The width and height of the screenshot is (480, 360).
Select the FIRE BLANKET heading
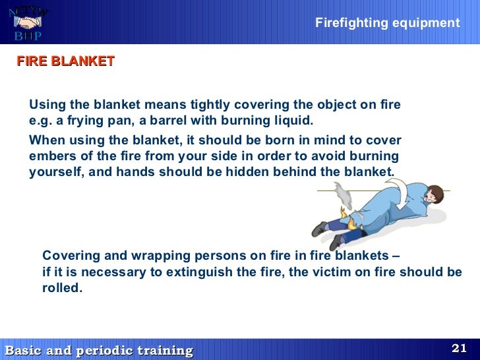65,61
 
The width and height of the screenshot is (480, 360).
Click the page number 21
459,348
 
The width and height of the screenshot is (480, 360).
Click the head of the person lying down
433,195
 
